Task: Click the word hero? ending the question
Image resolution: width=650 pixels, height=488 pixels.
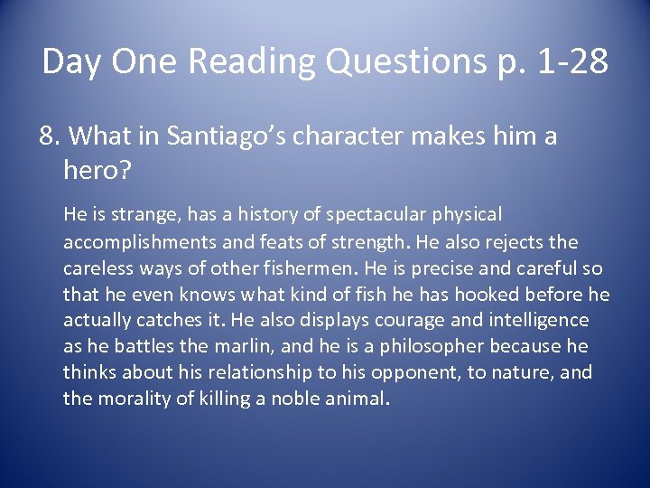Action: [92, 168]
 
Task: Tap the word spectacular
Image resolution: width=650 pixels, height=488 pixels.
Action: [357, 215]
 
